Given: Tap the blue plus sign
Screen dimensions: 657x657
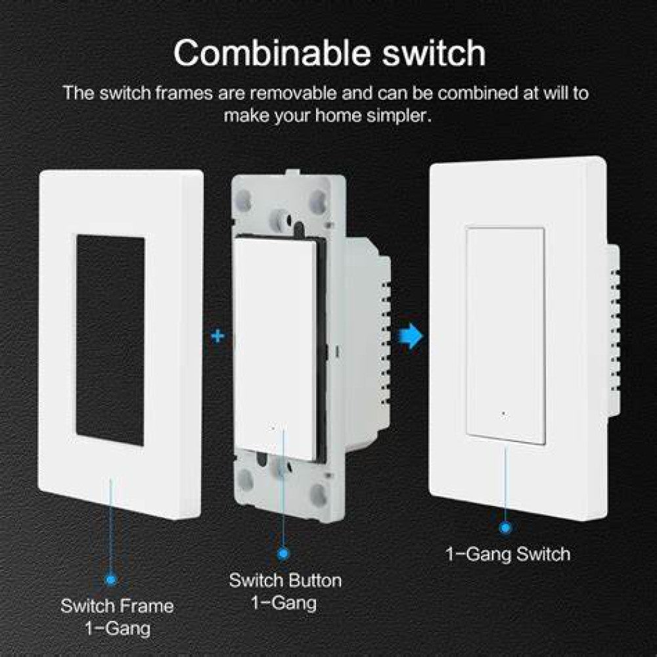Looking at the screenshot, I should point(217,336).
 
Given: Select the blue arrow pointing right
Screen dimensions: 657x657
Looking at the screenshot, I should point(412,336).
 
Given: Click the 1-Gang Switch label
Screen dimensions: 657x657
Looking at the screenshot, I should point(508,554).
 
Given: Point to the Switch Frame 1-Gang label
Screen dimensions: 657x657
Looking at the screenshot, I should point(117,616).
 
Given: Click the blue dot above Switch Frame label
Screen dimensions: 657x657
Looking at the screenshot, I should point(110,579).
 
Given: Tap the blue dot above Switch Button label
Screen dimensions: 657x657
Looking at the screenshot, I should point(284,554).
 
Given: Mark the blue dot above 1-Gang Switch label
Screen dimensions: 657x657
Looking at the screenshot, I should point(505,527).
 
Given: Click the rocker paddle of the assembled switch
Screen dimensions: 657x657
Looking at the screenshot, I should point(505,335).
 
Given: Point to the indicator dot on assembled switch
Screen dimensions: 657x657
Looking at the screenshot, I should point(504,415).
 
